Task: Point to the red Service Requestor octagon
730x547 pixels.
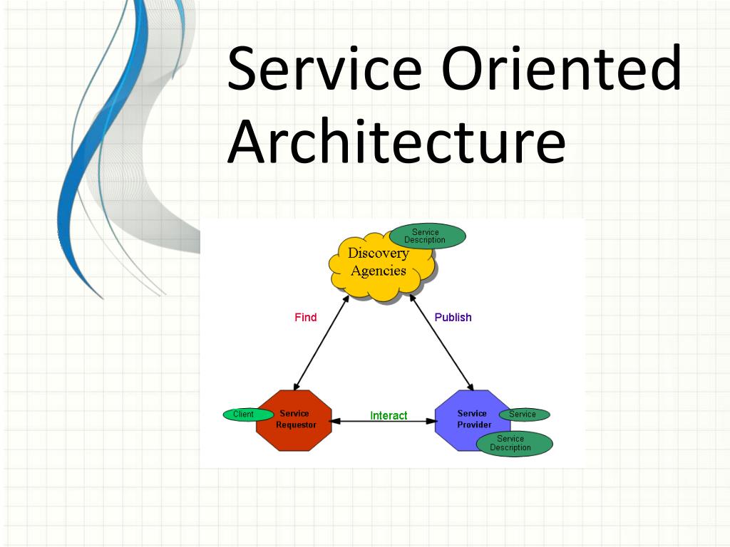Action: coord(294,420)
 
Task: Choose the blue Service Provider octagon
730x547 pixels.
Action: coord(467,420)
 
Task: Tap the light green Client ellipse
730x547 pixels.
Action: coord(244,415)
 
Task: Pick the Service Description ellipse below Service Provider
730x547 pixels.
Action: coord(510,444)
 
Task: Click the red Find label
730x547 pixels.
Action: coord(305,318)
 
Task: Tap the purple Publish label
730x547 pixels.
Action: coord(453,318)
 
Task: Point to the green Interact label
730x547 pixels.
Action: coord(389,415)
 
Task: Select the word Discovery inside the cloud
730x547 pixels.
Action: coord(378,254)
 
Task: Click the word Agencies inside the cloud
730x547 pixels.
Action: coord(378,271)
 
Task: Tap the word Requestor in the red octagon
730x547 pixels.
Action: coord(296,425)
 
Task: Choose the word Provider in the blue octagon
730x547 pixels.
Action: coord(474,425)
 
